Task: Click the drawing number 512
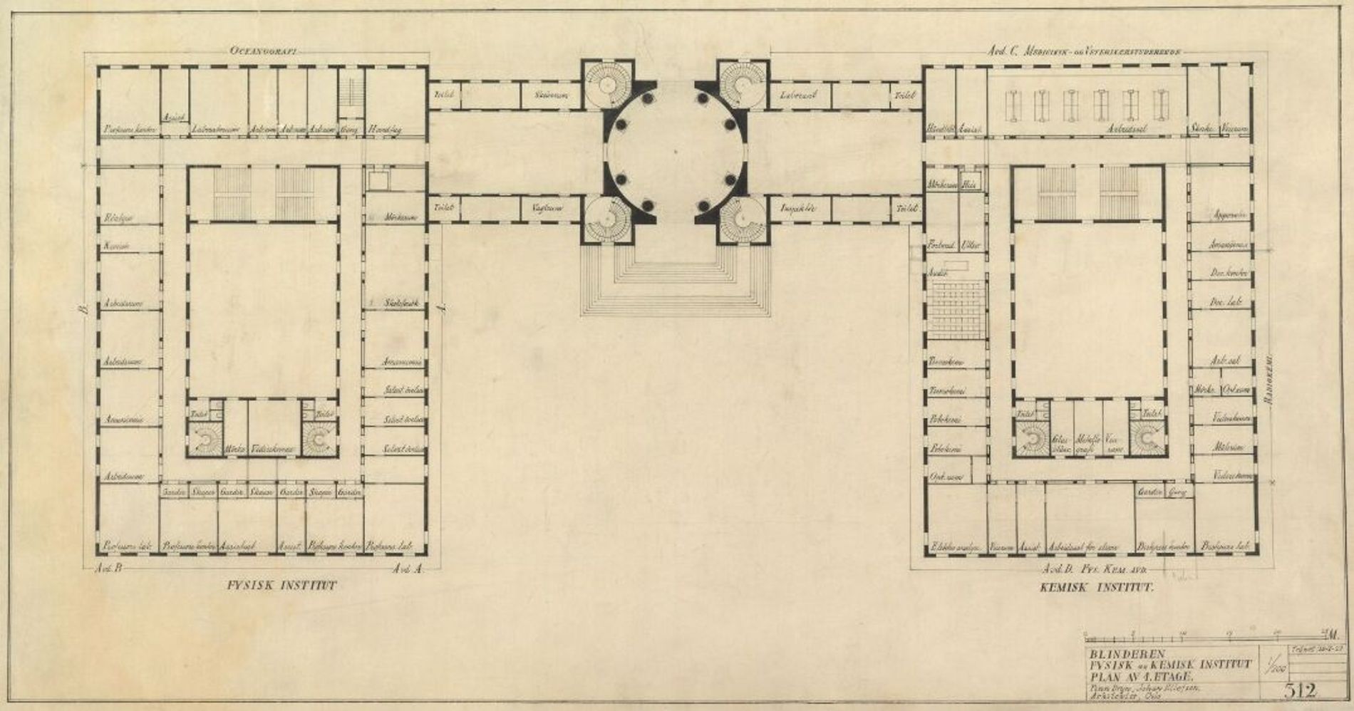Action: pyautogui.click(x=1300, y=690)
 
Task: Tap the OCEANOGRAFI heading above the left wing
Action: pyautogui.click(x=263, y=51)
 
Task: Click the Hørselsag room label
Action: pyautogui.click(x=384, y=130)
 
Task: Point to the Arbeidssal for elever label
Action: pyautogui.click(x=1083, y=547)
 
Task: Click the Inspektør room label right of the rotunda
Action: pyautogui.click(x=797, y=208)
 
